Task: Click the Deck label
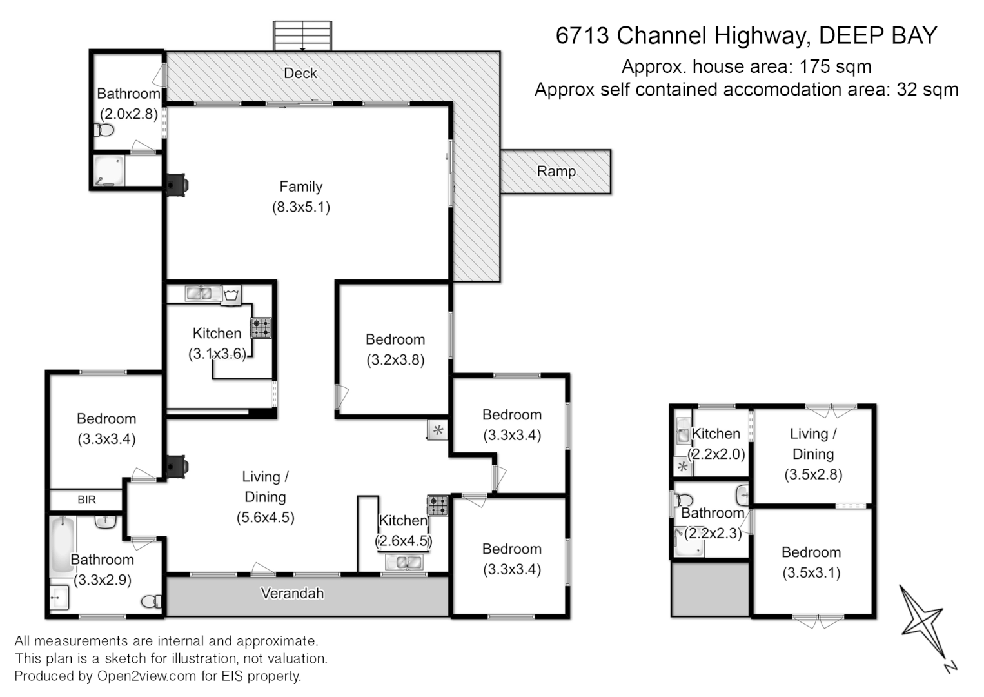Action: [300, 74]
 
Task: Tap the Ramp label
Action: [556, 172]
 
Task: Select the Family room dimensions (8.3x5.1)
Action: [300, 207]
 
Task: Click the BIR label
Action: [86, 500]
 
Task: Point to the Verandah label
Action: [292, 593]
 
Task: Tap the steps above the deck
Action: [302, 36]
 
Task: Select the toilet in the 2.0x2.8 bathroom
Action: [104, 130]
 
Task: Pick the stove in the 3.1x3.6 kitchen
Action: [261, 328]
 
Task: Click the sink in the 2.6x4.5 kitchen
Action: [404, 562]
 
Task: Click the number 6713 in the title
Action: [582, 35]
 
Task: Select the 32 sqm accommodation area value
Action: [927, 90]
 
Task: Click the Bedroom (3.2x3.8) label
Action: [395, 349]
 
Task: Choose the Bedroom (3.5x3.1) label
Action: [811, 562]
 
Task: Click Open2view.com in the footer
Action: [146, 676]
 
